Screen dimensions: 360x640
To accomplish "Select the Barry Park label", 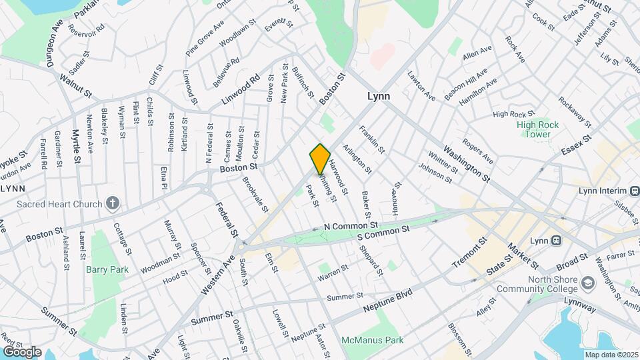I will [101, 269].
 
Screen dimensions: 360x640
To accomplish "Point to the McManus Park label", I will [373, 340].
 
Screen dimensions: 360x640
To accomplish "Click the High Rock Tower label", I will [533, 129].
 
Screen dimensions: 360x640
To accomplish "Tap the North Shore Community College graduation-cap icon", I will [588, 283].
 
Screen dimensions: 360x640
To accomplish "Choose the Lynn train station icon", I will [555, 241].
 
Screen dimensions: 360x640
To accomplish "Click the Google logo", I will [21, 351].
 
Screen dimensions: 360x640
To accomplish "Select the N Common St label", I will [351, 227].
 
